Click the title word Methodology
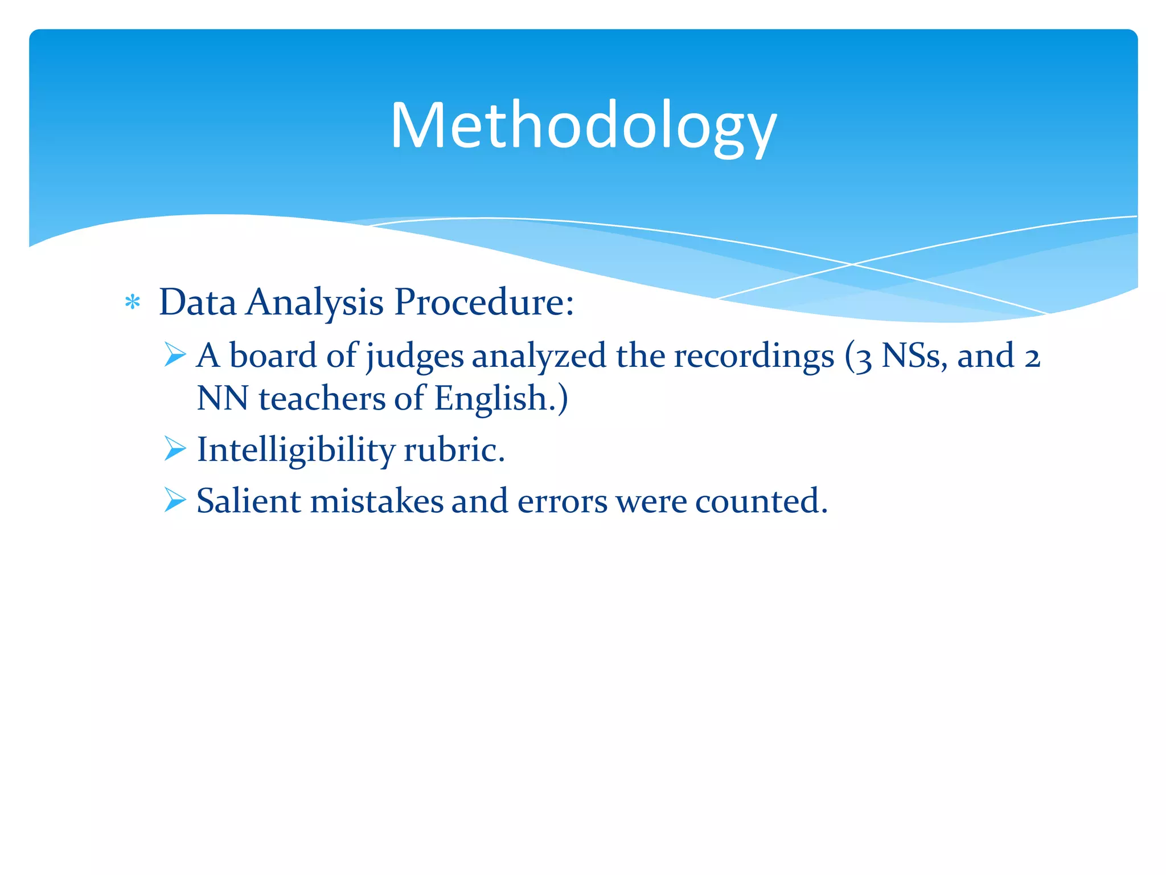(x=583, y=126)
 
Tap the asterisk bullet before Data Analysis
(x=133, y=302)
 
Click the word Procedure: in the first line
(x=484, y=302)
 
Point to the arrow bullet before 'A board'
(x=175, y=354)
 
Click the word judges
(x=415, y=357)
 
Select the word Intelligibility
(x=295, y=450)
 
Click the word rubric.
(x=454, y=450)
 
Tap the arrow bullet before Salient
(x=175, y=500)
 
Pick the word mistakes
(x=376, y=501)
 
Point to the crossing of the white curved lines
(x=852, y=264)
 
